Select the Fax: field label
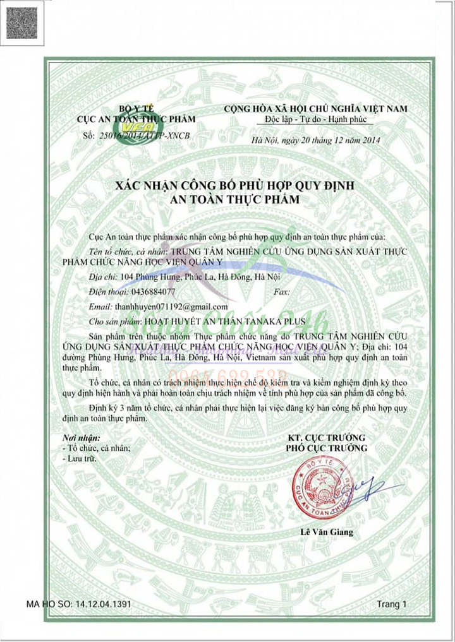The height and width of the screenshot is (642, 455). [282, 292]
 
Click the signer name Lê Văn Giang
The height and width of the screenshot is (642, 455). [327, 532]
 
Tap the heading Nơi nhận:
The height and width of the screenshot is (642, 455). [82, 437]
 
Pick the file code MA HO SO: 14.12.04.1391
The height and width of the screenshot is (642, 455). [79, 604]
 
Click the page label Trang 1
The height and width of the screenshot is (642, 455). [392, 604]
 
